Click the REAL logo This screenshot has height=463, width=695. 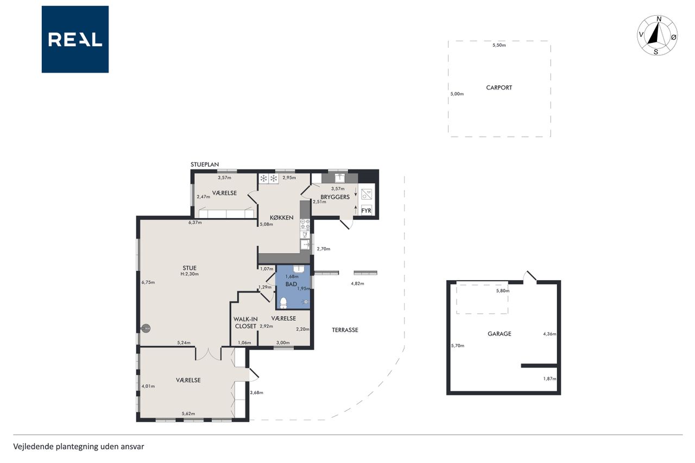click(x=75, y=40)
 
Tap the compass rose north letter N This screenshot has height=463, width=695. click(x=659, y=19)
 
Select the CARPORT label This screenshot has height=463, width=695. click(x=499, y=88)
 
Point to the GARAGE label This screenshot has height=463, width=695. click(x=499, y=334)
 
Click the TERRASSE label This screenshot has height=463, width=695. click(x=345, y=330)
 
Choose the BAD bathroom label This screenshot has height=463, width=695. click(x=291, y=284)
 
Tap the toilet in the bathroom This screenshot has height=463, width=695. click(x=283, y=303)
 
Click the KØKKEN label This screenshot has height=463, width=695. click(x=281, y=218)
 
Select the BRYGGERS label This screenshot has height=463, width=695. click(x=335, y=197)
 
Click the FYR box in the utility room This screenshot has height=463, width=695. click(x=366, y=210)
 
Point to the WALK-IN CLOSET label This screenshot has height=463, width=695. click(x=245, y=322)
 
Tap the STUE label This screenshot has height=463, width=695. click(x=189, y=268)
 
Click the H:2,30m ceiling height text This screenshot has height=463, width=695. click(x=189, y=274)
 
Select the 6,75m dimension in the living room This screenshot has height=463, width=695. click(x=148, y=282)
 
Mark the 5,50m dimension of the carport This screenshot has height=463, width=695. click(x=499, y=45)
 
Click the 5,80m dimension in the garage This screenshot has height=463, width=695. click(x=503, y=291)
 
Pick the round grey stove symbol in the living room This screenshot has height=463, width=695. click(x=146, y=328)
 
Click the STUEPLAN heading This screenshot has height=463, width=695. click(x=205, y=164)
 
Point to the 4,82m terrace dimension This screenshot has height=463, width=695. click(x=357, y=283)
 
